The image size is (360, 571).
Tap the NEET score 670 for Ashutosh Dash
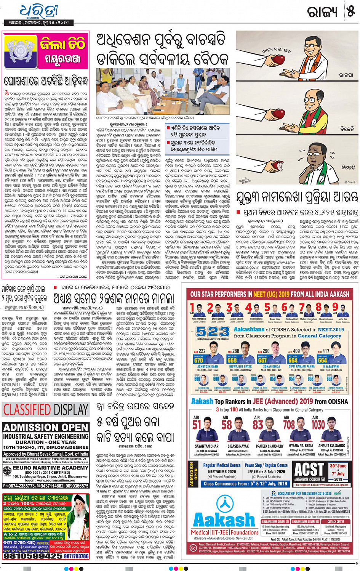[198, 360]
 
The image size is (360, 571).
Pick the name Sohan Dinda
[271, 366]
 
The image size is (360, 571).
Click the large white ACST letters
[309, 470]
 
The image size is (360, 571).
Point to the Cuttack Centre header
[335, 521]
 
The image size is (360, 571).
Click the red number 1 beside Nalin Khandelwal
[193, 307]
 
